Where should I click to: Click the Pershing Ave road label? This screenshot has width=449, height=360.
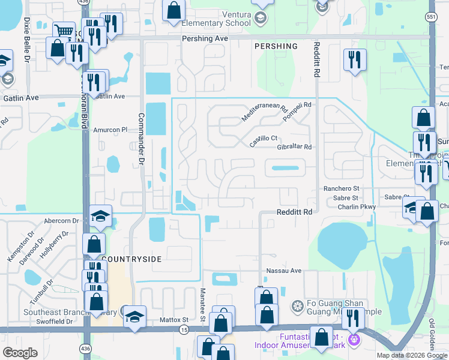pyautogui.click(x=205, y=38)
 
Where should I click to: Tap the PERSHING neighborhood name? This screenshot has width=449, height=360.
pyautogui.click(x=276, y=46)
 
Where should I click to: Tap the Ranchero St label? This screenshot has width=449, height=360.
pyautogui.click(x=342, y=188)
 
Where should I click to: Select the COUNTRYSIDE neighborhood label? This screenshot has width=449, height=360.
pyautogui.click(x=131, y=259)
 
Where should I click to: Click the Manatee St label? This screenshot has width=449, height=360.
pyautogui.click(x=203, y=305)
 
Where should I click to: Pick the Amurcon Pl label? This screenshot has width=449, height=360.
pyautogui.click(x=112, y=129)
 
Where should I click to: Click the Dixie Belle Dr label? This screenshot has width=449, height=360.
pyautogui.click(x=26, y=40)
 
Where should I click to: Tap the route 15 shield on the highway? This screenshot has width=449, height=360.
pyautogui.click(x=184, y=329)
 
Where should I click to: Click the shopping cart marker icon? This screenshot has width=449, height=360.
pyautogui.click(x=64, y=31)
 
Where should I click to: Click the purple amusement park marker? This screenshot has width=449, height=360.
pyautogui.click(x=354, y=340)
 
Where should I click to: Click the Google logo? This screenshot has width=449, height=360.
pyautogui.click(x=20, y=352)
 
